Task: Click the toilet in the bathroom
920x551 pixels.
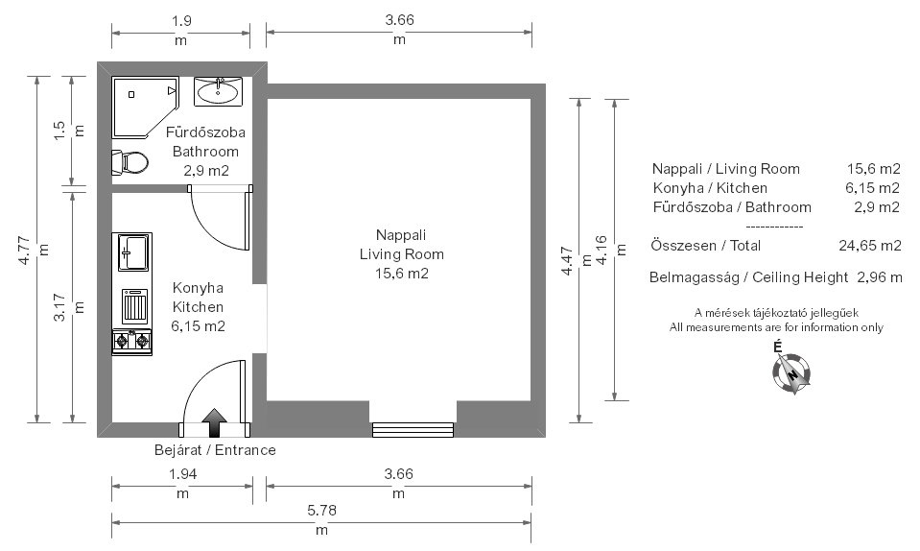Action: (x=130, y=162)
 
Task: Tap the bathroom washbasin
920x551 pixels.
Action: (x=219, y=91)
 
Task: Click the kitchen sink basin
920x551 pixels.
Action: (x=132, y=252)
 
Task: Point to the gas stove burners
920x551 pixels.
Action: (x=132, y=341)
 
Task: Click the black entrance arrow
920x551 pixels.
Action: (x=214, y=422)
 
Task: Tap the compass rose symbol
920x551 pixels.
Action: (x=791, y=372)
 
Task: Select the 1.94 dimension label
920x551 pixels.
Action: (x=182, y=473)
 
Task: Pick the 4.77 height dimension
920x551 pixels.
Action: (x=24, y=250)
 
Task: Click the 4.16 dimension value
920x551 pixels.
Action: (x=602, y=250)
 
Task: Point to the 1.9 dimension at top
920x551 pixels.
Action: (x=181, y=21)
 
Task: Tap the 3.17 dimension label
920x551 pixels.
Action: (x=59, y=307)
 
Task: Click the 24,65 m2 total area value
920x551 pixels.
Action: (x=869, y=246)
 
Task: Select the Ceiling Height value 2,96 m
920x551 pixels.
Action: (x=880, y=277)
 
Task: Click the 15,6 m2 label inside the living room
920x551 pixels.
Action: (x=402, y=274)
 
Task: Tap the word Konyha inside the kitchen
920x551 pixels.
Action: (x=198, y=288)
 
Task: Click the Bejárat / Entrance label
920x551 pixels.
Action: (x=215, y=450)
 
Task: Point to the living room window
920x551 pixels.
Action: (x=413, y=429)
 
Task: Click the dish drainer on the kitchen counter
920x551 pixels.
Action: (x=134, y=305)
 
